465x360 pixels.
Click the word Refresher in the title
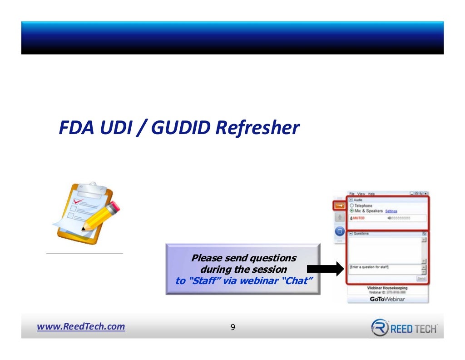pos(257,128)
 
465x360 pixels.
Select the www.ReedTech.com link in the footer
pos(81,326)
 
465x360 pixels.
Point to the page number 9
pos(232,327)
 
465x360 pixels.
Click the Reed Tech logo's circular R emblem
pos(380,328)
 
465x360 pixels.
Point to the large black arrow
pos(328,269)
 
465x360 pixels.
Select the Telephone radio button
pos(352,206)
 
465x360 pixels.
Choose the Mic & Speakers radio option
pos(352,211)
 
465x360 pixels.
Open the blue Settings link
pos(391,211)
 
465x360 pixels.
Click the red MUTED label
pos(358,218)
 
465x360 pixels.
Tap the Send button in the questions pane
pos(421,278)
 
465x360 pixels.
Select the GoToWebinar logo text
pos(387,299)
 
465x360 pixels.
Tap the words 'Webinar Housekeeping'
pos(387,288)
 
